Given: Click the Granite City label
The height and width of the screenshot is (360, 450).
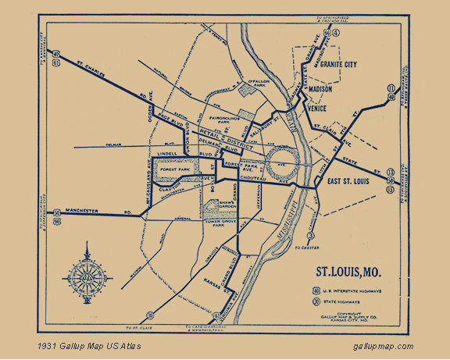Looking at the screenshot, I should click(338, 65).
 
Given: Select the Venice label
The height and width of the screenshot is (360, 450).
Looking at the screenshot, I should click(315, 109).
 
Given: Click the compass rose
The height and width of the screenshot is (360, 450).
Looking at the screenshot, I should click(87, 271).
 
